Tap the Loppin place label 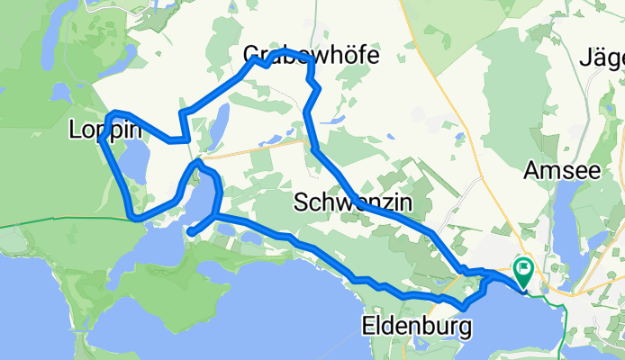105,130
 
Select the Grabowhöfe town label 311,56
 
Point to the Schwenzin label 352,204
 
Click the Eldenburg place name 417,326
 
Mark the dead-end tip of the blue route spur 190,232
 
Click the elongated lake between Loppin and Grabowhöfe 218,126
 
